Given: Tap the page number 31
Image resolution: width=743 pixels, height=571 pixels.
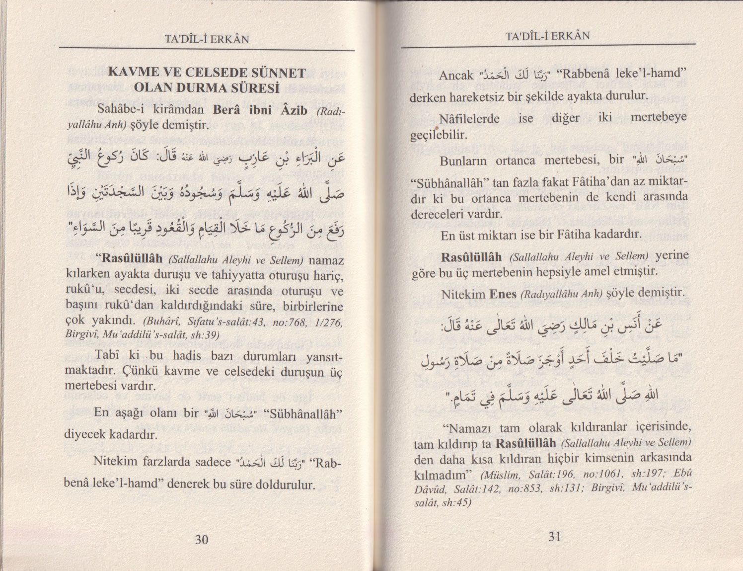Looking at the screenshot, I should pyautogui.click(x=555, y=536).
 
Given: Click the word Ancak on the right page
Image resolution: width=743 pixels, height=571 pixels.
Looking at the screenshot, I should pyautogui.click(x=456, y=76).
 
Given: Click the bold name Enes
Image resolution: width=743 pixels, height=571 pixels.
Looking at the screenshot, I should pyautogui.click(x=503, y=294).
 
